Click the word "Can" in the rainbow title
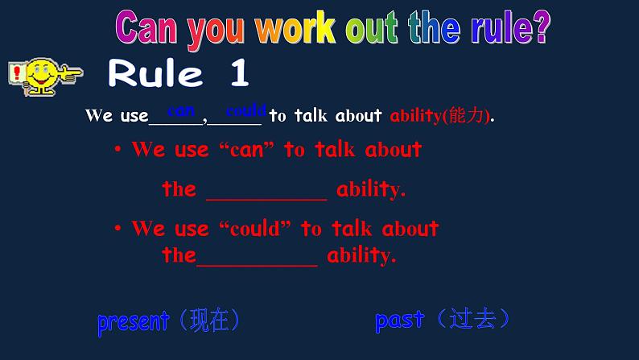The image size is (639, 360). tap(146, 27)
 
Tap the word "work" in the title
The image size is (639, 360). tap(296, 27)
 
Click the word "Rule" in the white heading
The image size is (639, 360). tap(155, 72)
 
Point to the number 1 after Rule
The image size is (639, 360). tap(240, 72)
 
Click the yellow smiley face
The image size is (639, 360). tap(41, 76)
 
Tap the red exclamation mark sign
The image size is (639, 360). tap(17, 73)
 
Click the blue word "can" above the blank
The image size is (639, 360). tap(181, 111)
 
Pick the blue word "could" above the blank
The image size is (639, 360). tap(246, 110)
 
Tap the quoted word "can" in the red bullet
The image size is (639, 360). tap(247, 150)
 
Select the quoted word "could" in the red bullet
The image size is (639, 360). tap(255, 228)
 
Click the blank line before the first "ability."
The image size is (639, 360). tap(266, 200)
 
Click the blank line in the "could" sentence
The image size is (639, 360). tap(257, 266)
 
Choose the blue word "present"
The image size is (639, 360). tap(134, 322)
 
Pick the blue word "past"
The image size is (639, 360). tap(400, 321)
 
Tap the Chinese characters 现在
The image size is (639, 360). tap(209, 320)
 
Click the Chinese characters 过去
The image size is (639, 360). tap(472, 318)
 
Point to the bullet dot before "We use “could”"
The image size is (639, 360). tap(117, 228)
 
